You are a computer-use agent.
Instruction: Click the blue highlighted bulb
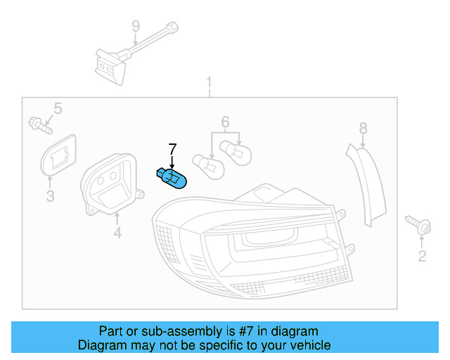(172, 178)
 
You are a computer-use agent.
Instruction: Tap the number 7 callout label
(172, 148)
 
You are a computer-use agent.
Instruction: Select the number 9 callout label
(136, 27)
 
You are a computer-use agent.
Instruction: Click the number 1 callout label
(209, 84)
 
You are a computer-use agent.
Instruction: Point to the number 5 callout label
(58, 108)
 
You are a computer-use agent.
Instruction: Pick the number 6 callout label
(226, 122)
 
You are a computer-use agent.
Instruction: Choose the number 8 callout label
(363, 128)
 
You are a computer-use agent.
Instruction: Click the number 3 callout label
(50, 196)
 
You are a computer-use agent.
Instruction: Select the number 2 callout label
(422, 256)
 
